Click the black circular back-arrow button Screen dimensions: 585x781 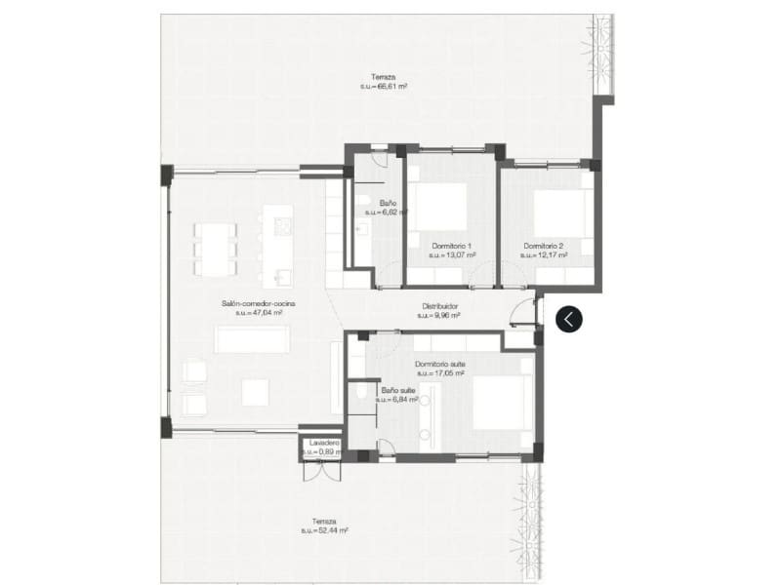pyautogui.click(x=569, y=319)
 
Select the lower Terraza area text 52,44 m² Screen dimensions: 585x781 pyautogui.click(x=325, y=530)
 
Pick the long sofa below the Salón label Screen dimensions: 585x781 pyautogui.click(x=252, y=338)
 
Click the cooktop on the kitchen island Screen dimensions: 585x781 pyautogui.click(x=284, y=228)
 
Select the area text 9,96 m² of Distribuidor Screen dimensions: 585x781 pyautogui.click(x=438, y=315)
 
